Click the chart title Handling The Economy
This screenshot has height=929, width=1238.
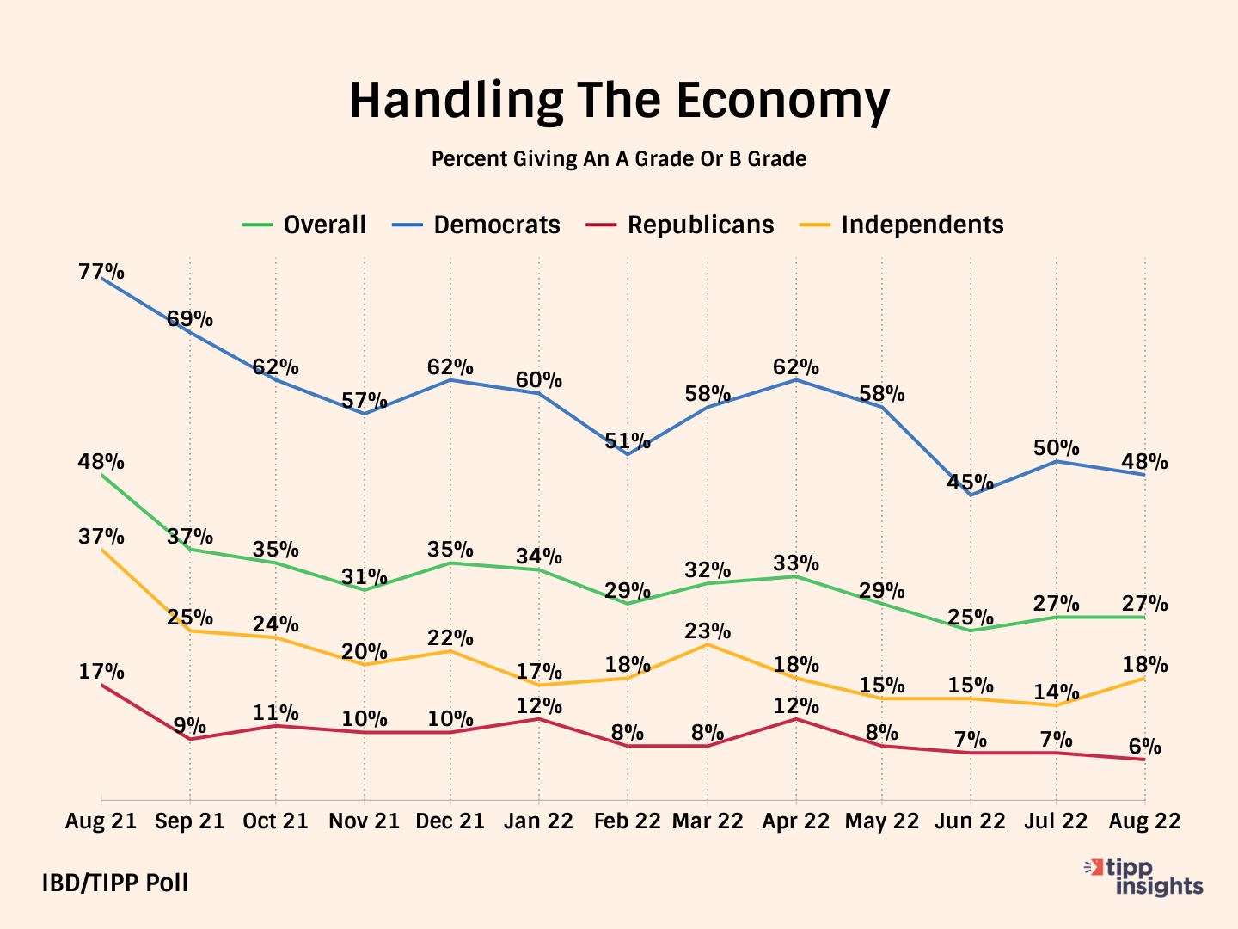coord(619,100)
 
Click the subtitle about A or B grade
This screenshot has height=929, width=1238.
coord(619,159)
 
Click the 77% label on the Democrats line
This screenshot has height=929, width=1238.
coord(101,272)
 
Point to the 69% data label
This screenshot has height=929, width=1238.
coord(190,319)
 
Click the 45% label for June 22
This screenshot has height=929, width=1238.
coord(970,483)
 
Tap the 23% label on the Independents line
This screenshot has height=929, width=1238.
coord(708,631)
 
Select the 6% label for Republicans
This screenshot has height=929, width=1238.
coord(1144,747)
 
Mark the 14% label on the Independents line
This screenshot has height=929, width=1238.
coord(1057,692)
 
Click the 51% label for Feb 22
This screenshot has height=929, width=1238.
coord(628,442)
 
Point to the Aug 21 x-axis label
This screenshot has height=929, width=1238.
coord(101,821)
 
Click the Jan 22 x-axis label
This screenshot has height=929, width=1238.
coord(538,821)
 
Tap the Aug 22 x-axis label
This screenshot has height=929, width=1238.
coord(1145,821)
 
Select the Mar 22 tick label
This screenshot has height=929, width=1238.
coord(708,821)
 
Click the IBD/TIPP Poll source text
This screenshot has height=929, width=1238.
coord(115,883)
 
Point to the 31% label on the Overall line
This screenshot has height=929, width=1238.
coord(365,577)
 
